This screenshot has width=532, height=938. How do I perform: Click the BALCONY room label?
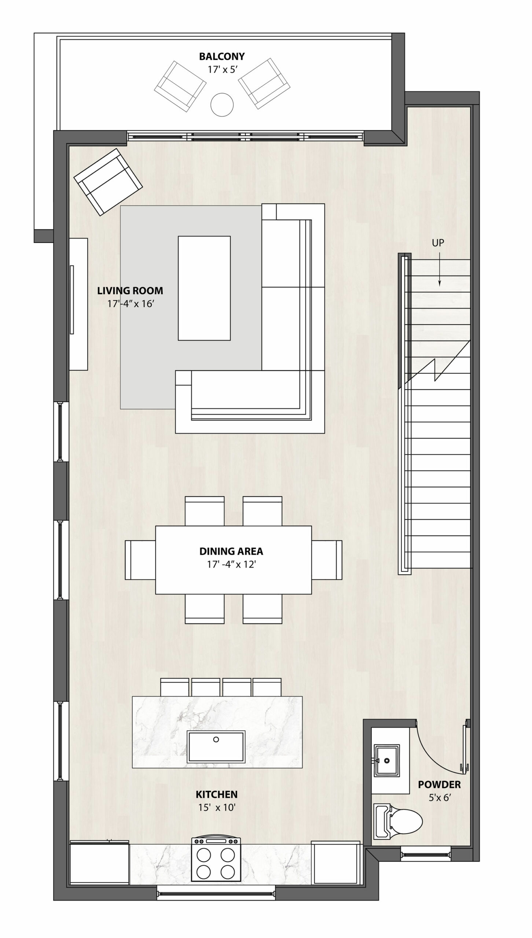tap(222, 56)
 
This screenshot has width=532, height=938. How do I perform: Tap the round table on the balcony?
tap(222, 104)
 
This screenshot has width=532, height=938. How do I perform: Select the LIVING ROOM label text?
tap(130, 291)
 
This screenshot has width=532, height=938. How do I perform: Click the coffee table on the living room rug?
tap(204, 288)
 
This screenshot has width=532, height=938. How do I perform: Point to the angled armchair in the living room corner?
tap(108, 182)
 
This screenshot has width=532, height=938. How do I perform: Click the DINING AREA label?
tap(231, 551)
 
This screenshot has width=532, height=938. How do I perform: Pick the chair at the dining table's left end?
tap(140, 560)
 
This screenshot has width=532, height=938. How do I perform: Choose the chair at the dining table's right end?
tap(327, 560)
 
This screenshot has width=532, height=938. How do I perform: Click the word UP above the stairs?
tap(438, 243)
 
